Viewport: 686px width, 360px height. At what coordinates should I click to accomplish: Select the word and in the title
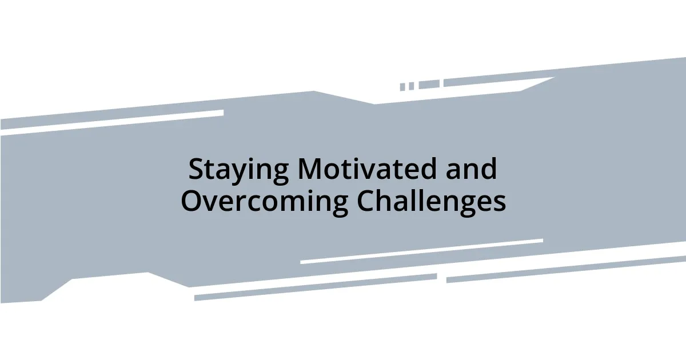click(x=472, y=170)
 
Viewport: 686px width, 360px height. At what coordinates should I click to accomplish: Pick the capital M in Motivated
click(x=310, y=170)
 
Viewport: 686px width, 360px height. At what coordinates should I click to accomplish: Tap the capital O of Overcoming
click(x=192, y=201)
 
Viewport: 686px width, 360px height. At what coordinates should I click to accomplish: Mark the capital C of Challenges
click(x=366, y=201)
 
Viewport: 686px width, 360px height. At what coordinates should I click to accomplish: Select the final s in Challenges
click(x=500, y=204)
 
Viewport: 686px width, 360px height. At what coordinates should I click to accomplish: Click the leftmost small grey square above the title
click(x=402, y=87)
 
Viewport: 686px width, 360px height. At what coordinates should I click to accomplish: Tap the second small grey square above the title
click(x=411, y=86)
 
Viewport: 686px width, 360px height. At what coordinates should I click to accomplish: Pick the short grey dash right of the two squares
click(x=429, y=84)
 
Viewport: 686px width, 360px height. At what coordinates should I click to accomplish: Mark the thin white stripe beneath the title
click(x=421, y=251)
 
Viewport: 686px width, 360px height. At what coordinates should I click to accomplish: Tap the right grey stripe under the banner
click(x=566, y=269)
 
